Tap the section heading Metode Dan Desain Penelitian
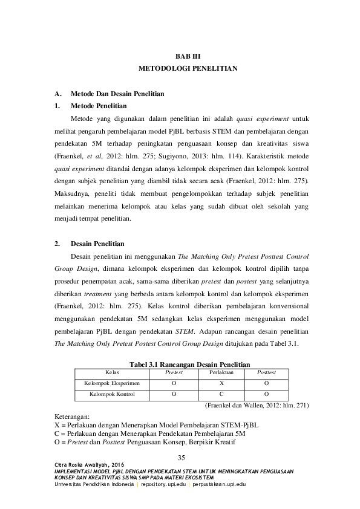point(117,94)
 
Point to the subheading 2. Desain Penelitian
point(97,244)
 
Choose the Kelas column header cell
point(112,372)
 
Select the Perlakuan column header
point(221,372)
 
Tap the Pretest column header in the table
point(174,372)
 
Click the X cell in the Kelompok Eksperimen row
point(221,383)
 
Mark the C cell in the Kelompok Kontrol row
point(221,395)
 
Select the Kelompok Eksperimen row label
point(112,383)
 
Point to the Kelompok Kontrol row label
point(112,395)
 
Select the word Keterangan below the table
point(71,417)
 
